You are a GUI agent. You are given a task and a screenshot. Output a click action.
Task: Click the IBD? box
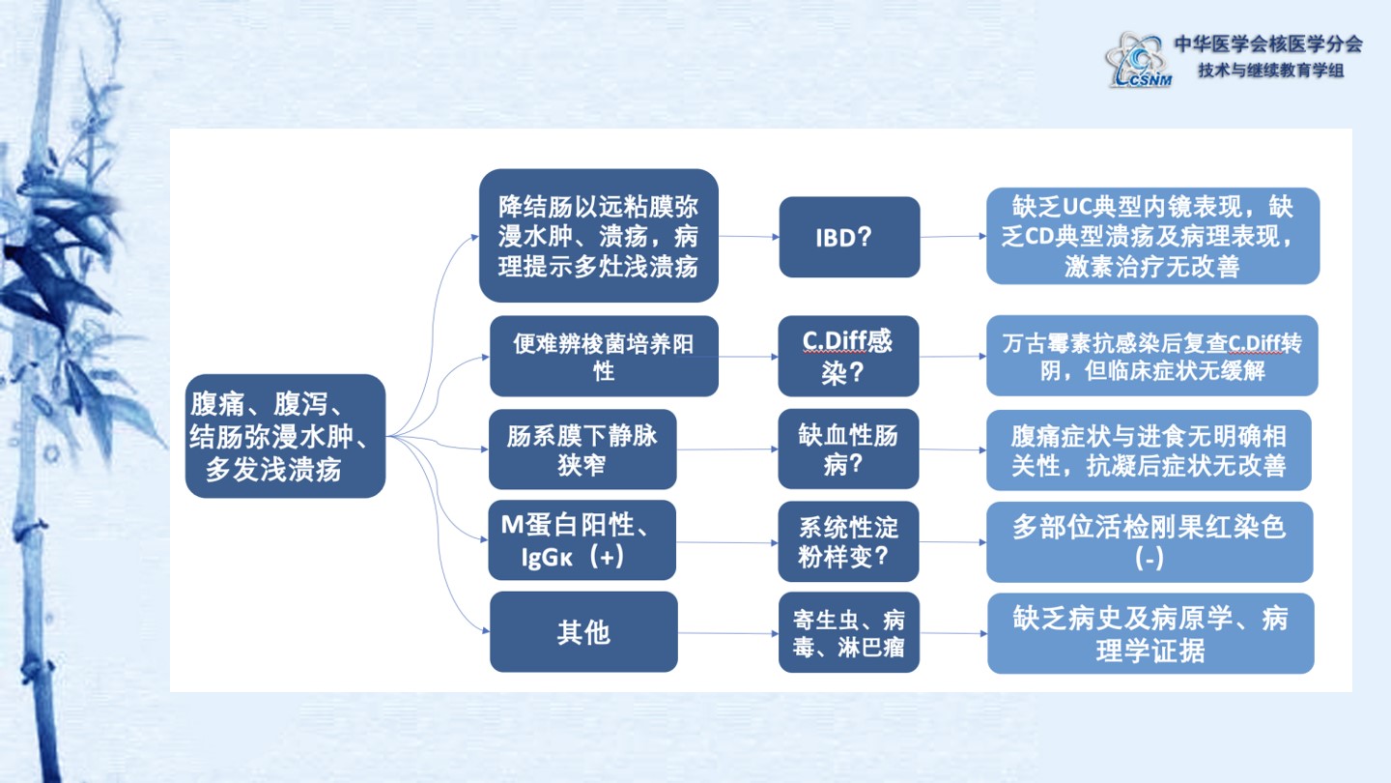(x=849, y=237)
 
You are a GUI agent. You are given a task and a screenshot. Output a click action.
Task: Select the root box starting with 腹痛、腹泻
(x=285, y=436)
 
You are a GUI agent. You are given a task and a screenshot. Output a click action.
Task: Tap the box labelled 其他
(x=583, y=631)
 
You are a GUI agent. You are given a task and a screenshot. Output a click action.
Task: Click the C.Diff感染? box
(x=848, y=356)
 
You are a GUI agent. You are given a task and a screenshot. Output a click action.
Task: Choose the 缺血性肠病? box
(x=848, y=449)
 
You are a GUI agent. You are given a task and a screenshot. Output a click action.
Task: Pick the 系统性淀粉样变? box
(x=848, y=541)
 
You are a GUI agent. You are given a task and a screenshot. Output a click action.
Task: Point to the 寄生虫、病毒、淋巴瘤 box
(x=849, y=632)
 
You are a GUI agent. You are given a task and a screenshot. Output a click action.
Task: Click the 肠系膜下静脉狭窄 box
(x=582, y=449)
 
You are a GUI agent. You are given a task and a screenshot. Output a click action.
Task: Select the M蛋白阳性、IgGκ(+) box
(x=582, y=540)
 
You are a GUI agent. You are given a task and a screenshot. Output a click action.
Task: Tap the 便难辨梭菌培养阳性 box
(x=605, y=356)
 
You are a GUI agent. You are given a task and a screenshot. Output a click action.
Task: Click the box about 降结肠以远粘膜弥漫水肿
(x=599, y=236)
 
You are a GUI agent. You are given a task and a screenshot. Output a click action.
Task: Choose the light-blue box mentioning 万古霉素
(x=1151, y=356)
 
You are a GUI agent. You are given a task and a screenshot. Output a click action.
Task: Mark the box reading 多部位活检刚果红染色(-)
(x=1150, y=542)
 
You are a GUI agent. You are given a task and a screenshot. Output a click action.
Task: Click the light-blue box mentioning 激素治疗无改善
(x=1153, y=236)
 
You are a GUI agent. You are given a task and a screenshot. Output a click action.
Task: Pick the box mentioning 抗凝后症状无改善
(x=1149, y=449)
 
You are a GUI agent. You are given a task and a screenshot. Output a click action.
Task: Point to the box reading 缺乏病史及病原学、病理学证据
(x=1150, y=633)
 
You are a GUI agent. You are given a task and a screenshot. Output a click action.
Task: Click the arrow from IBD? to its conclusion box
(x=953, y=236)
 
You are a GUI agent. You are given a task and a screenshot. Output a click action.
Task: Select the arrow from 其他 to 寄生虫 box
(x=727, y=633)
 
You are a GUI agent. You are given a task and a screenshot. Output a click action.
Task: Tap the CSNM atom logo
(x=1138, y=60)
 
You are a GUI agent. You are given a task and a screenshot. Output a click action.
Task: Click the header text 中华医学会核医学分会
(x=1268, y=43)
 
